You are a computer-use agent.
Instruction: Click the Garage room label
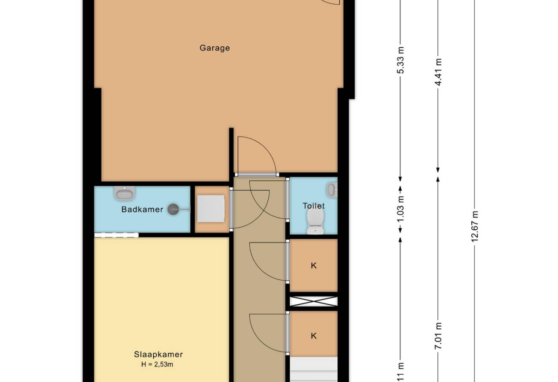(215, 48)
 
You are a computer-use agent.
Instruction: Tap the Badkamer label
(142, 209)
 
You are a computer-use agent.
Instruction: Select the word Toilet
(314, 206)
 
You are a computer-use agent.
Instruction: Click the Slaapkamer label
(158, 355)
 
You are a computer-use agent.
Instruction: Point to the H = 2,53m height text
(157, 364)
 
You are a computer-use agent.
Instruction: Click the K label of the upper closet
(314, 266)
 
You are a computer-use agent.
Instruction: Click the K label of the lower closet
(314, 336)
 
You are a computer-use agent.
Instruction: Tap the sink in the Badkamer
(124, 193)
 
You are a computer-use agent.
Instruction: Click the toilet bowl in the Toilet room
(315, 221)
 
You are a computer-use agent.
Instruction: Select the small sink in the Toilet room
(332, 190)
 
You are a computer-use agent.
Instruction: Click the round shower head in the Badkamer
(173, 209)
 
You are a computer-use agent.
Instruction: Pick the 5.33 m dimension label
(400, 60)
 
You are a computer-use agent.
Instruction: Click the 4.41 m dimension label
(438, 72)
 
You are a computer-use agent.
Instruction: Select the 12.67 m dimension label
(475, 226)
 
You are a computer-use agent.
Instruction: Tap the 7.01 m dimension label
(438, 336)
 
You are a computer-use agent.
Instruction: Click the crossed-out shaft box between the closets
(314, 301)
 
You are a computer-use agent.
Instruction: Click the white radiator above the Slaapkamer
(116, 235)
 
